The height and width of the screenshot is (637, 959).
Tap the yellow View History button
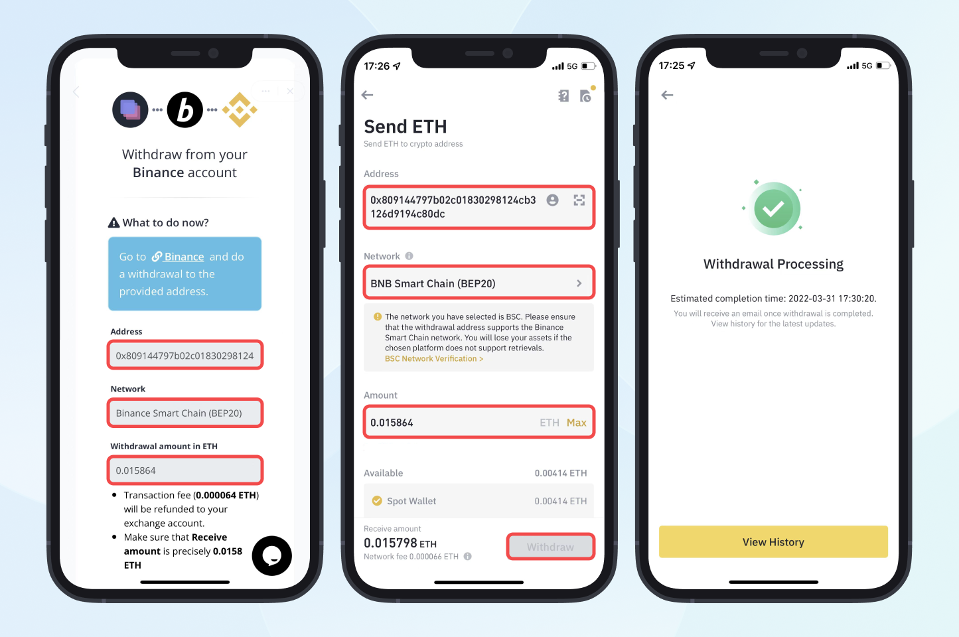(773, 541)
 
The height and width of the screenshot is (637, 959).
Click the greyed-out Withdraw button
(551, 547)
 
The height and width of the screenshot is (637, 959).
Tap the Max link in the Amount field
(576, 423)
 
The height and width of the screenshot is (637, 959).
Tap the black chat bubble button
(272, 555)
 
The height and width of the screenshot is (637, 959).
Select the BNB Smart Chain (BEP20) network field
(479, 283)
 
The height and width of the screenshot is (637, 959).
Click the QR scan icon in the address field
(579, 200)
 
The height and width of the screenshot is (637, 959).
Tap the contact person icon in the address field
(552, 200)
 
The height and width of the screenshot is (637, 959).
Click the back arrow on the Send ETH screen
(367, 95)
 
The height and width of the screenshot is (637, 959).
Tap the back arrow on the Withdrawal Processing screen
(667, 95)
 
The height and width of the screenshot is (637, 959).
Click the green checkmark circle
(773, 209)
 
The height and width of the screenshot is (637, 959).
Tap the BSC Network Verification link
(433, 359)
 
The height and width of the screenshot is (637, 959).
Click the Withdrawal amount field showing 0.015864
(185, 470)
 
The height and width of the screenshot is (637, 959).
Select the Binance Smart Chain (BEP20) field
(185, 413)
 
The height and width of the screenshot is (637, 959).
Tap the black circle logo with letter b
(185, 109)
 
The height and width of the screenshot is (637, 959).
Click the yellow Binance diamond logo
(240, 109)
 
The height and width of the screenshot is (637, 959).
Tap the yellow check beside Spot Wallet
(377, 500)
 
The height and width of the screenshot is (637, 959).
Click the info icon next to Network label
(409, 256)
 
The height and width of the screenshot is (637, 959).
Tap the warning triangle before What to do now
(113, 222)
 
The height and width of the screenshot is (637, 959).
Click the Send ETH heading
(405, 127)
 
